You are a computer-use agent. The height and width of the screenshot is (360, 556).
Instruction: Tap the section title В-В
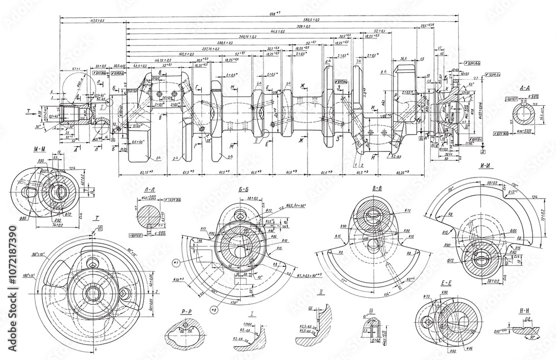(x=376, y=189)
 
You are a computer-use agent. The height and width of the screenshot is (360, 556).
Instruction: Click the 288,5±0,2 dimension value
(x=225, y=42)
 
